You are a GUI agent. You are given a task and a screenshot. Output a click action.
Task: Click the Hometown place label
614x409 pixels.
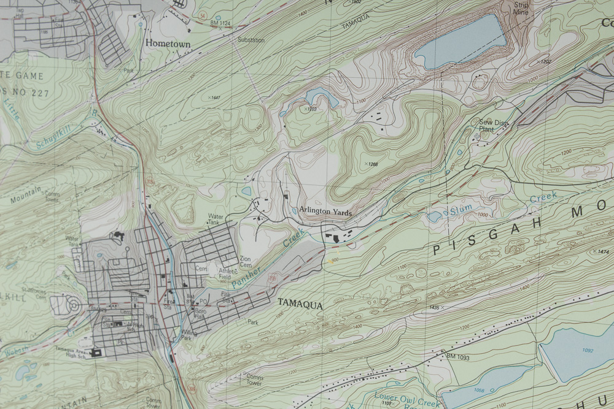click(x=168, y=44)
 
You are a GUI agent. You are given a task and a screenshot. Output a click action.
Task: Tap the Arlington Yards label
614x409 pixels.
click(x=325, y=211)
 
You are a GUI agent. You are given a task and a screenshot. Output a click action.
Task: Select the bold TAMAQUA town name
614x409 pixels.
click(x=300, y=303)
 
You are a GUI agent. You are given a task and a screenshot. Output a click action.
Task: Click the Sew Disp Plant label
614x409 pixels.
click(x=494, y=126)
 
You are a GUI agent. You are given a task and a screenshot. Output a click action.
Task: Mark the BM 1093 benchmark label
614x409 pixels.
click(x=457, y=357)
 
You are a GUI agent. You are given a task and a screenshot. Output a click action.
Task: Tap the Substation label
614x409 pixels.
click(x=251, y=40)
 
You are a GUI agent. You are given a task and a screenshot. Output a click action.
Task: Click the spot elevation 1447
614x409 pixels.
click(x=215, y=97)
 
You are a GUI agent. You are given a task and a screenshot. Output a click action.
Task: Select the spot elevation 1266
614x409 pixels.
click(x=372, y=164)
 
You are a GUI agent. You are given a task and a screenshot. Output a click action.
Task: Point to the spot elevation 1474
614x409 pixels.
click(x=604, y=252)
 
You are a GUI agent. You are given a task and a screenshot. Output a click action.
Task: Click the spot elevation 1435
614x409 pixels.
click(x=435, y=307)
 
